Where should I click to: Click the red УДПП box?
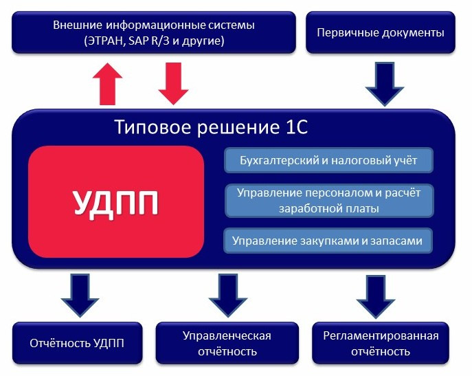pos(116,202)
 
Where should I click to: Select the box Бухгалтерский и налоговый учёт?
pos(329,161)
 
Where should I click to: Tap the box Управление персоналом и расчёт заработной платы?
pos(329,200)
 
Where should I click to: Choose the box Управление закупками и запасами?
pos(329,241)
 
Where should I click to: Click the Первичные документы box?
pos(380,32)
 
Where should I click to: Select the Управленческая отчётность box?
pos(227,343)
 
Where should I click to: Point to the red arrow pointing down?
pos(173,82)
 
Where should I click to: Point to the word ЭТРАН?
pos(103,41)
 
